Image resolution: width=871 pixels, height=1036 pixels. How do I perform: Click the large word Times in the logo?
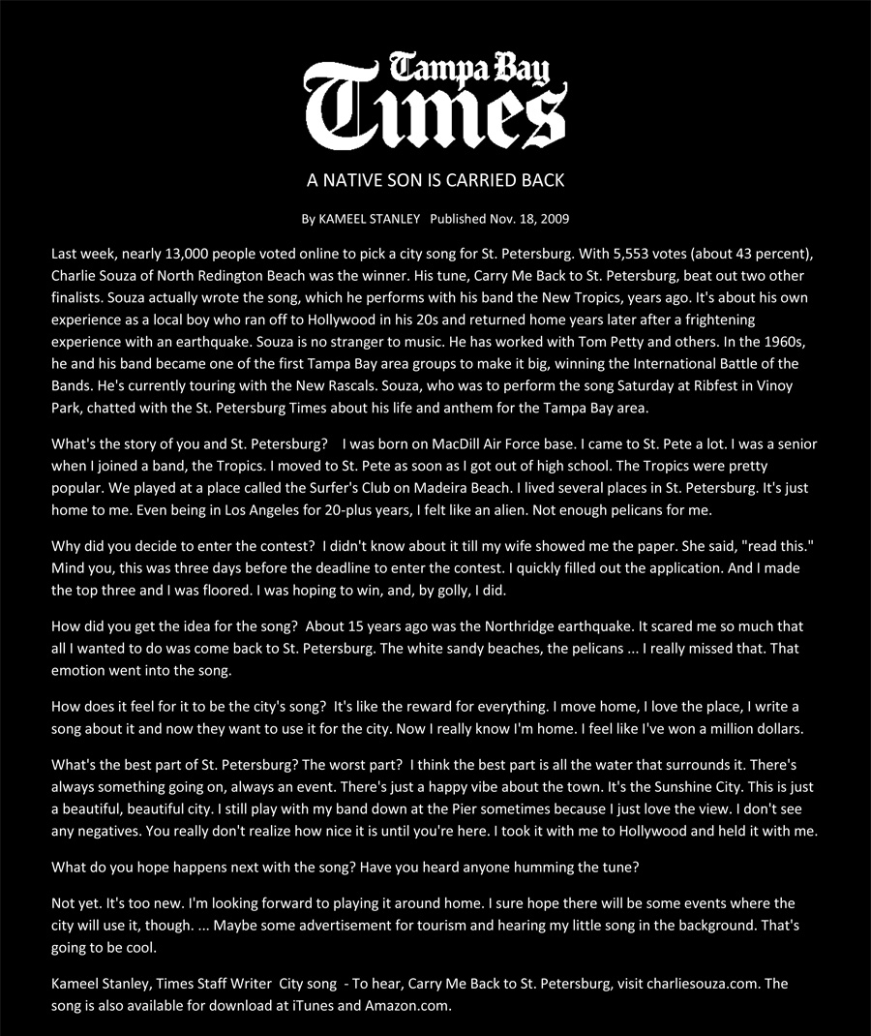[x=435, y=112]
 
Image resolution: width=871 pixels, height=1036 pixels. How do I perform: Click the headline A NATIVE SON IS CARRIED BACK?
[x=435, y=181]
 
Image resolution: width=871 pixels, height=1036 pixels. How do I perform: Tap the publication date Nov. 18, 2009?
[x=528, y=219]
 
